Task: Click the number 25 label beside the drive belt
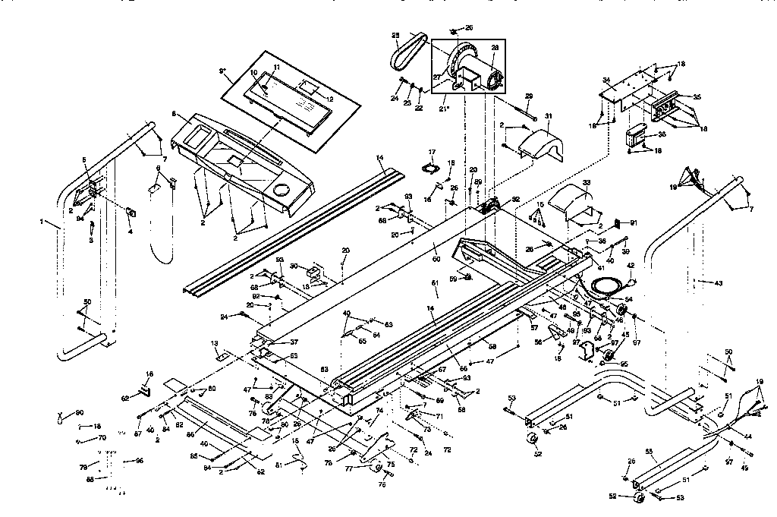point(395,36)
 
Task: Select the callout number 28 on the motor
point(495,47)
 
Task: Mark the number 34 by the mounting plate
point(606,79)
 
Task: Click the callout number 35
point(697,97)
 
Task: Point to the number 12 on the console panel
point(330,99)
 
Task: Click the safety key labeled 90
point(60,417)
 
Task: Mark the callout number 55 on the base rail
point(649,451)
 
